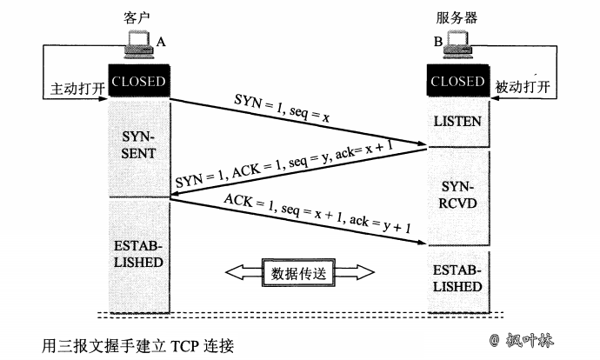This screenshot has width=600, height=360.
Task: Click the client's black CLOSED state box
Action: point(137,82)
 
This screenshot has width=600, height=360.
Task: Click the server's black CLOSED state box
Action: point(457,82)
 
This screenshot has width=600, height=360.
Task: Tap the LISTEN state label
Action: point(457,122)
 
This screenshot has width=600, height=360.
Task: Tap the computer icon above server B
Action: point(458,45)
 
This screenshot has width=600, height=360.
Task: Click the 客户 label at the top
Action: point(135,15)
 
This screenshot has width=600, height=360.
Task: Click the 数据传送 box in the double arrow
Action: point(301,272)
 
